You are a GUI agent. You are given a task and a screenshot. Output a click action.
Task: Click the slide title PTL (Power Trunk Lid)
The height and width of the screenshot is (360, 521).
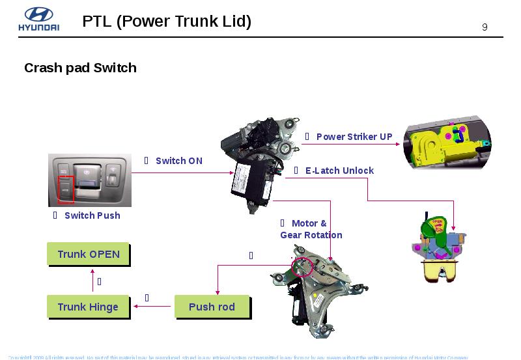167,21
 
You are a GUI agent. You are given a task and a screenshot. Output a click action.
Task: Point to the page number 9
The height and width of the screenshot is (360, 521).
485,27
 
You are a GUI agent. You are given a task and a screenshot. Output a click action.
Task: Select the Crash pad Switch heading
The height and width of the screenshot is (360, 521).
80,68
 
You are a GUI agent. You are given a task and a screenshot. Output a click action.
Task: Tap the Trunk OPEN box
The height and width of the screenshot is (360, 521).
89,254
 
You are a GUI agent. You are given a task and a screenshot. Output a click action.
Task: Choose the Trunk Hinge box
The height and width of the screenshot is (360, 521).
88,307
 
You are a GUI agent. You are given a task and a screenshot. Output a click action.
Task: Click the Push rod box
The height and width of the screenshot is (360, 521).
212,307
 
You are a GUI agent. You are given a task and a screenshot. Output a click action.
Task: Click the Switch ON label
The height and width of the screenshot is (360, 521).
178,161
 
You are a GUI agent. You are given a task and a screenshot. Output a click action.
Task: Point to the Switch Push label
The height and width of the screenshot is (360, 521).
92,215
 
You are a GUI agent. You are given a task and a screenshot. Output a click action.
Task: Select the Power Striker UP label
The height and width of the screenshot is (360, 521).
354,137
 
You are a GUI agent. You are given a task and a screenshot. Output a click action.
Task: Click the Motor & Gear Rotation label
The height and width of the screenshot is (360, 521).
311,229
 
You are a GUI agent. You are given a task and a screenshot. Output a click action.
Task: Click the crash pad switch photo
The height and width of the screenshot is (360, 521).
90,180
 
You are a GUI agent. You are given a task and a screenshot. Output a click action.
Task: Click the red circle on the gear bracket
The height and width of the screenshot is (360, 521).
302,266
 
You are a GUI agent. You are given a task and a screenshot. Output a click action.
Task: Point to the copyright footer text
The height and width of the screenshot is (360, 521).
238,357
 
